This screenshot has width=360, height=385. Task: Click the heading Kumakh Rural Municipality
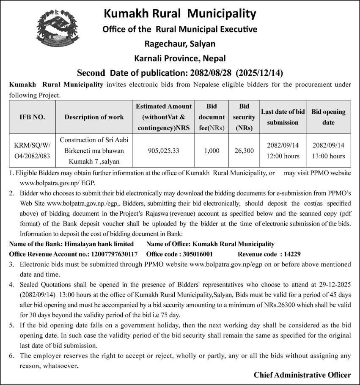(x=180, y=14)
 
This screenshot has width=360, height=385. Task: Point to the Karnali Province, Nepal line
(x=180, y=58)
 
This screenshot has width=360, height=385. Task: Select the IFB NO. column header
(x=32, y=117)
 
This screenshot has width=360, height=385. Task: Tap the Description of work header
(x=94, y=117)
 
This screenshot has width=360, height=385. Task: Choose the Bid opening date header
(x=328, y=117)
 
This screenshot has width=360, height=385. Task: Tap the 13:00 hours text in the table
(x=328, y=156)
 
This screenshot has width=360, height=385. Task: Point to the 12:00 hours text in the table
(x=283, y=156)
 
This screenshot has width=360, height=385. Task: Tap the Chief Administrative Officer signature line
(x=302, y=375)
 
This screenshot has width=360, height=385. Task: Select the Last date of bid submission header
(x=283, y=117)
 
